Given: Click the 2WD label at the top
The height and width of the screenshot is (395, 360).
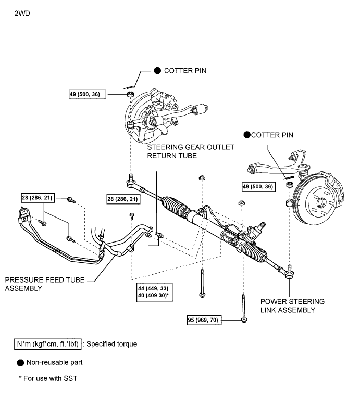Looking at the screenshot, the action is click(x=22, y=14).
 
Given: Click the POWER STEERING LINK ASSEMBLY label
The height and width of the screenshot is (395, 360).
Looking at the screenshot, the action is click(x=292, y=305).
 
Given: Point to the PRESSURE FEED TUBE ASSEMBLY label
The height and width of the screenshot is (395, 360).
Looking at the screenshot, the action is click(x=45, y=284).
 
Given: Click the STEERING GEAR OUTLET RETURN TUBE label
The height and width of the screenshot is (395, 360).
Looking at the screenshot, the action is click(x=191, y=151).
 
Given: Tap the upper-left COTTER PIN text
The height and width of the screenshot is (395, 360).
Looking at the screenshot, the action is click(x=185, y=71).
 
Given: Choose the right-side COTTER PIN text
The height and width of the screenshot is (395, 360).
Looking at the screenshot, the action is click(x=272, y=135).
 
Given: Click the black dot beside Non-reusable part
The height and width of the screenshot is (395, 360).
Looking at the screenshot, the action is click(x=20, y=363).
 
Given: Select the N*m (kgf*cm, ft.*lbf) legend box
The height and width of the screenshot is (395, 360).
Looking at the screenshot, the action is click(x=47, y=344).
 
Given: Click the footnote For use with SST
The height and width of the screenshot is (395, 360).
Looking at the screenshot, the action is click(x=48, y=378).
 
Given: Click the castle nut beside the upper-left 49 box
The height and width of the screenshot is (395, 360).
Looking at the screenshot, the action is click(x=130, y=94).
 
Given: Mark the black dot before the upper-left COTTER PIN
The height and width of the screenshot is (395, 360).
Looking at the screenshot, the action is click(x=157, y=71).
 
